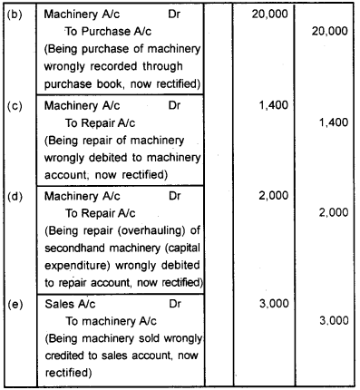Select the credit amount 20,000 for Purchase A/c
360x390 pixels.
(328, 31)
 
